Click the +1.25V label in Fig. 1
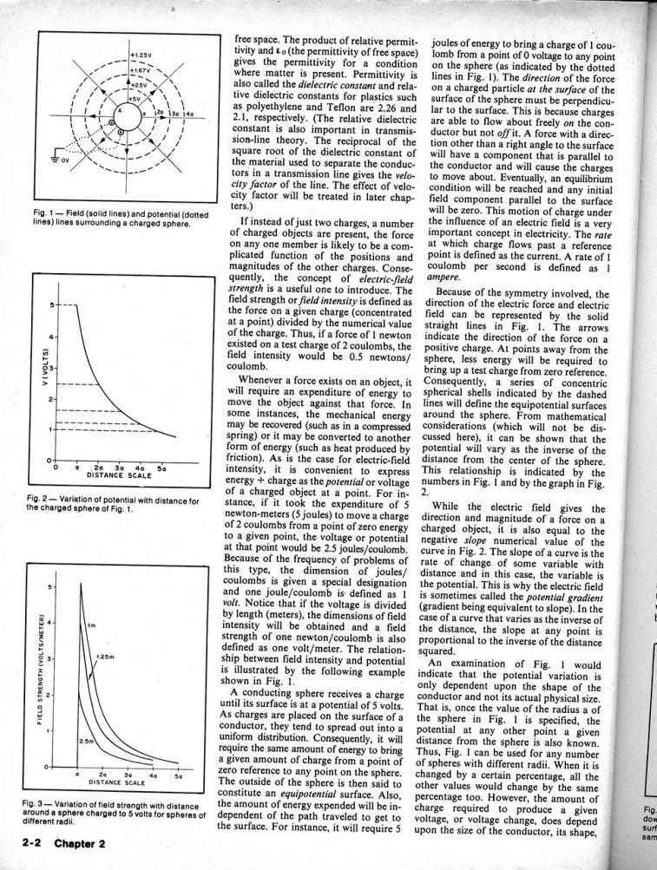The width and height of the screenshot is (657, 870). point(141,55)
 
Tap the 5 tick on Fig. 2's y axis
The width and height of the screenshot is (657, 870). point(51,304)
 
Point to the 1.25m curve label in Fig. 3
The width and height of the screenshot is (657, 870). point(106,657)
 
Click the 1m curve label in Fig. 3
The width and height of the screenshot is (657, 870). point(91,625)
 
